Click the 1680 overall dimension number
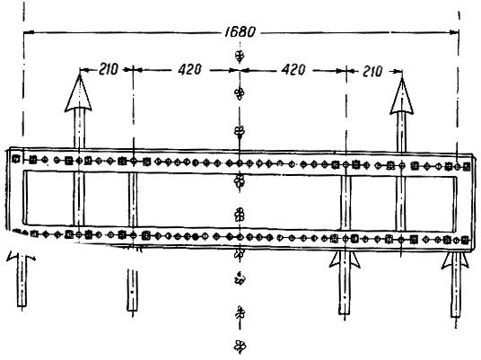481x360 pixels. pyautogui.click(x=240, y=32)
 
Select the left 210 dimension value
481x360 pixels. pyautogui.click(x=108, y=69)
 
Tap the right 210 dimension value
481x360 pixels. pyautogui.click(x=372, y=71)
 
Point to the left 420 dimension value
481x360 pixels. pyautogui.click(x=189, y=70)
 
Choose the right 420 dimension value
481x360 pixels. pyautogui.click(x=293, y=70)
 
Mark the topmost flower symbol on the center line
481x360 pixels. pyautogui.click(x=240, y=56)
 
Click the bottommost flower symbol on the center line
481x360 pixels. pyautogui.click(x=240, y=347)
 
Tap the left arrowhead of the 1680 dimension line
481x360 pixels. pyautogui.click(x=29, y=32)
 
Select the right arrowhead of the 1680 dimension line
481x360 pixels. pyautogui.click(x=454, y=32)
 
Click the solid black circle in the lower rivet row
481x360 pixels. pyautogui.click(x=196, y=237)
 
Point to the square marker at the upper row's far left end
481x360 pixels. pyautogui.click(x=15, y=159)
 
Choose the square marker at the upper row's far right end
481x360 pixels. pyautogui.click(x=467, y=167)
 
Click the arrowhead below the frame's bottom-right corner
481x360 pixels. pyautogui.click(x=455, y=260)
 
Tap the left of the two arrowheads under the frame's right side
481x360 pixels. pyautogui.click(x=345, y=259)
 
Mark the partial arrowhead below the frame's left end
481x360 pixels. pyautogui.click(x=21, y=256)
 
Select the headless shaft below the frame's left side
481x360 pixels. pyautogui.click(x=132, y=290)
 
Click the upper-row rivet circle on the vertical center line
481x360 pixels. pyautogui.click(x=240, y=163)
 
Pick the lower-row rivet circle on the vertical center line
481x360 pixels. pyautogui.click(x=240, y=237)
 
